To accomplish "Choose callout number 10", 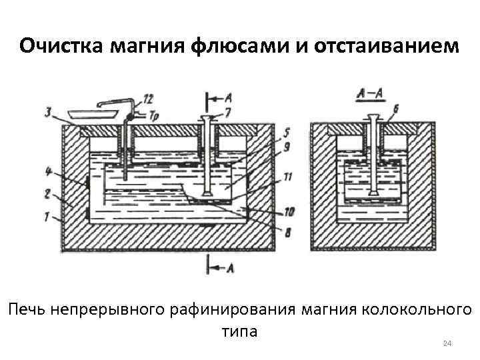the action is tap(289, 213).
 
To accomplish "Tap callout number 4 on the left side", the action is tap(48, 171).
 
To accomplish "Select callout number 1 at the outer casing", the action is tap(47, 216).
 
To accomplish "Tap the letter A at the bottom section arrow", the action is tap(230, 268).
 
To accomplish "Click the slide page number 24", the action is tap(447, 343).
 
